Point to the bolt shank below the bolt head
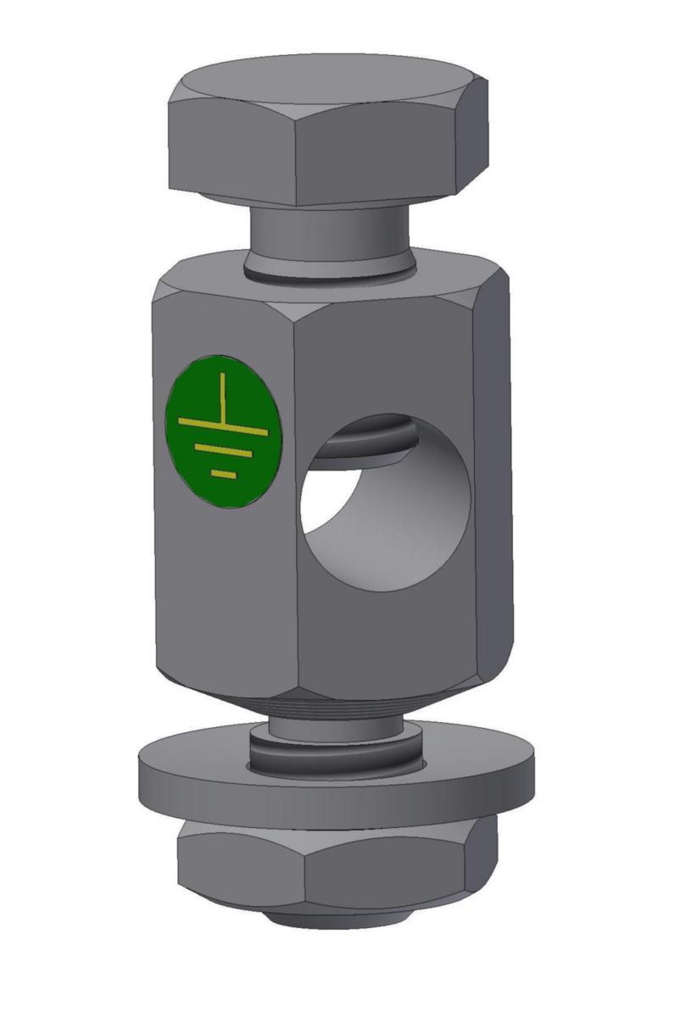[x=326, y=233]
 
